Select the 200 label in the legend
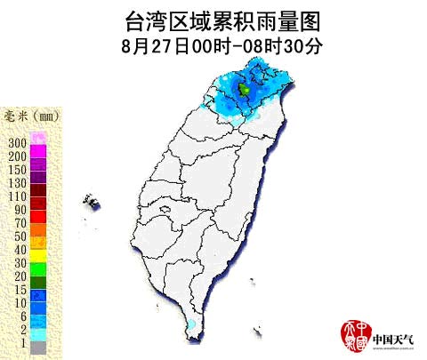(x=17, y=156)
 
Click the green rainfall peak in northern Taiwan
(x=245, y=89)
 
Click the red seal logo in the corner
(x=355, y=335)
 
